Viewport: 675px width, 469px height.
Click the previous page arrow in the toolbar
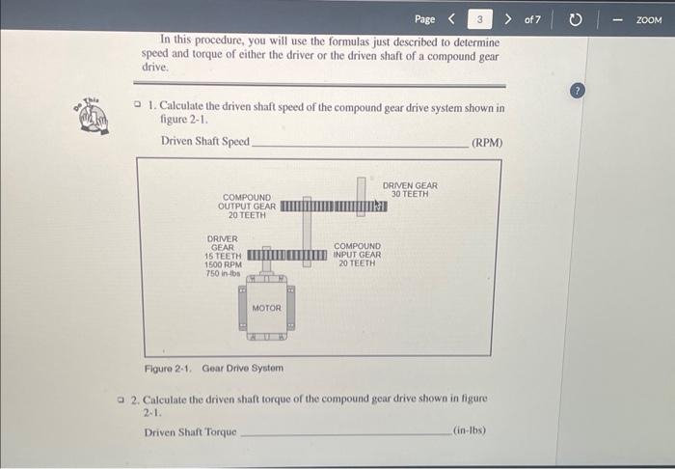[x=451, y=18]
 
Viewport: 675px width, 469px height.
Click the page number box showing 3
[x=479, y=18]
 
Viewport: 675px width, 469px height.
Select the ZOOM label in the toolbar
[x=649, y=19]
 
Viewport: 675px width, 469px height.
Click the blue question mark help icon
[x=578, y=90]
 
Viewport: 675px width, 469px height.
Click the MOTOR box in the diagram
[x=266, y=308]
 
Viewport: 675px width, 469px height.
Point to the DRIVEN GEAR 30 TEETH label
[x=410, y=190]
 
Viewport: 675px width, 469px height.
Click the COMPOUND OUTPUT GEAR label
[x=247, y=206]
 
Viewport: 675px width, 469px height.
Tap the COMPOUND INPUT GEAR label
[x=357, y=255]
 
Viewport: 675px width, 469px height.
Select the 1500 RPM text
[x=223, y=264]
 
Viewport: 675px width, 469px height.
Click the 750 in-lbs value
[x=223, y=273]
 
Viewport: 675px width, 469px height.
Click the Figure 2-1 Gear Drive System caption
[x=213, y=368]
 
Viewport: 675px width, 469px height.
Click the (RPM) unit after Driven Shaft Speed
[x=487, y=143]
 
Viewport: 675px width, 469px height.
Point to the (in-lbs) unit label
[x=470, y=431]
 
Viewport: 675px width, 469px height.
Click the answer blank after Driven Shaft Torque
[x=344, y=432]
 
